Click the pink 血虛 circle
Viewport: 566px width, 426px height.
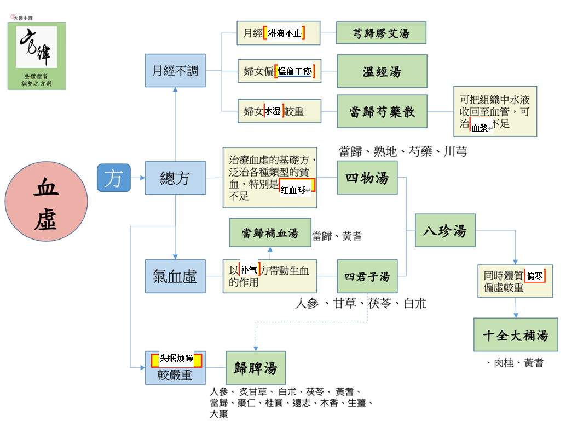(46, 201)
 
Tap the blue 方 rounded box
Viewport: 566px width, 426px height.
(114, 178)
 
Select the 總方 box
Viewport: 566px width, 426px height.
(175, 178)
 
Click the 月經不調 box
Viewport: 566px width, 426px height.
(175, 71)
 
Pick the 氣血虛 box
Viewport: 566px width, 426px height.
(175, 276)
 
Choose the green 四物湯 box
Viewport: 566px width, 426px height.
(367, 178)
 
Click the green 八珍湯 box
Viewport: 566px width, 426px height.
(445, 230)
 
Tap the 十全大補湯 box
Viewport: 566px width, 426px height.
(516, 334)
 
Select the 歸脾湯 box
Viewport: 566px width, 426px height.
(256, 368)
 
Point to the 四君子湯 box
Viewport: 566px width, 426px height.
(367, 276)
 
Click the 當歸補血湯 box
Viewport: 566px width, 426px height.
(270, 232)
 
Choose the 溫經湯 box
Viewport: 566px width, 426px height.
(382, 71)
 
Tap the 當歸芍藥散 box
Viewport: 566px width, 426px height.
(382, 111)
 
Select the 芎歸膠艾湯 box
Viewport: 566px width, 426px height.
(381, 33)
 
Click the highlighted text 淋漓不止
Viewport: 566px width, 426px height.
(284, 33)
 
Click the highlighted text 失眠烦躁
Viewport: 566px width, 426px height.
(176, 359)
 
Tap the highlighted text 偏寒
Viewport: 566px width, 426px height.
(535, 276)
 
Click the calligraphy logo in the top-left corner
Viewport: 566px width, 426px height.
(37, 56)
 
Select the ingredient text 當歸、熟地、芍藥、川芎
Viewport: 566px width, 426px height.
(403, 151)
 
